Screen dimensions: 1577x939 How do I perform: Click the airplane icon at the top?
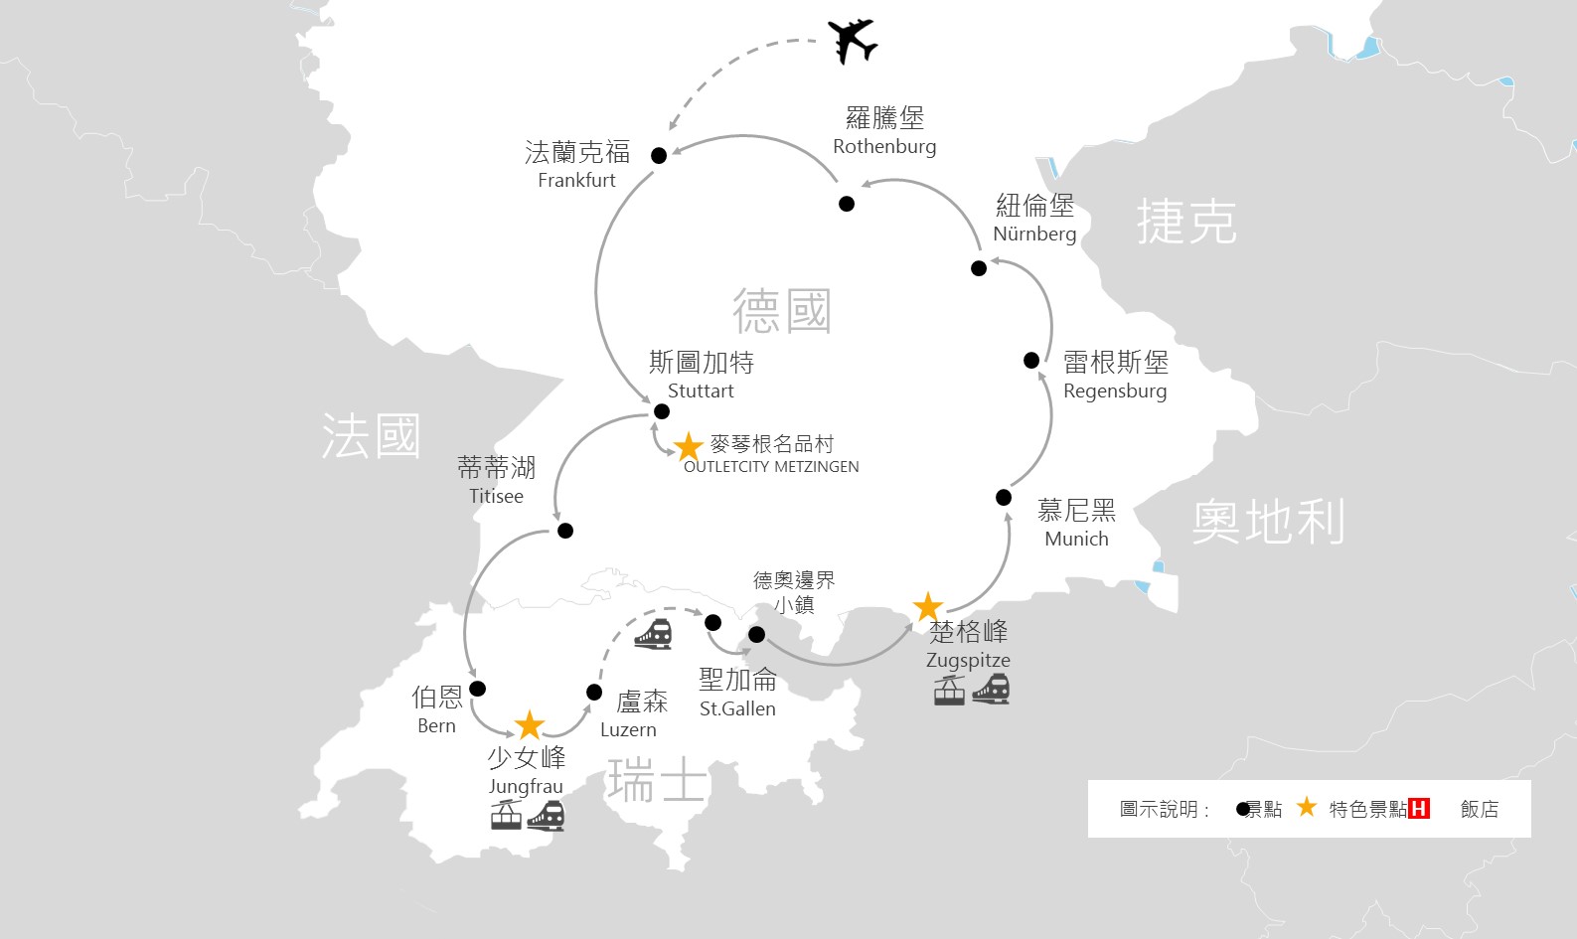click(x=853, y=41)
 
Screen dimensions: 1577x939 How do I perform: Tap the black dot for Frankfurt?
click(x=659, y=156)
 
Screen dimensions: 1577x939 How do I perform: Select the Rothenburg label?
click(x=884, y=146)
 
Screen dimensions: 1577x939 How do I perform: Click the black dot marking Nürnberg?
click(x=979, y=268)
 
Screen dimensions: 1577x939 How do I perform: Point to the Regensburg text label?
click(x=1115, y=391)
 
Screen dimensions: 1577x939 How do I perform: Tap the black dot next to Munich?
click(x=1004, y=498)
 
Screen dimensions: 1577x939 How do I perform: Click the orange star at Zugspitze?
click(x=928, y=607)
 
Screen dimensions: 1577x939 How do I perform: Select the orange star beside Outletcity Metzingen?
click(x=689, y=446)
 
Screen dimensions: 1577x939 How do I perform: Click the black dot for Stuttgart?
click(x=662, y=411)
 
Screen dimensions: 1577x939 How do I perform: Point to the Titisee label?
click(x=496, y=496)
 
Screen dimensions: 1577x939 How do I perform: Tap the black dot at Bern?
click(x=477, y=689)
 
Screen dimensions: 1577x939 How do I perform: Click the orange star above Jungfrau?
click(x=530, y=725)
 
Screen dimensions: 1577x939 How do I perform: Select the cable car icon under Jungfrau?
click(x=506, y=815)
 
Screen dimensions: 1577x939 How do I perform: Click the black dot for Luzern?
click(x=594, y=692)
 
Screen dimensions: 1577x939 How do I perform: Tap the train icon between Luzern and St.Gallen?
click(x=654, y=634)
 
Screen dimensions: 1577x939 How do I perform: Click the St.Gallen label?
click(x=737, y=708)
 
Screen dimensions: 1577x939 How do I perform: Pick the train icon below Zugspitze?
click(x=992, y=690)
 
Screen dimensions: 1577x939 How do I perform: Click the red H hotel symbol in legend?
click(x=1419, y=809)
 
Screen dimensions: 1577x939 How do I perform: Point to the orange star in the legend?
click(x=1307, y=807)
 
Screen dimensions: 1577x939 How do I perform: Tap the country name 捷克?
click(x=1187, y=221)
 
